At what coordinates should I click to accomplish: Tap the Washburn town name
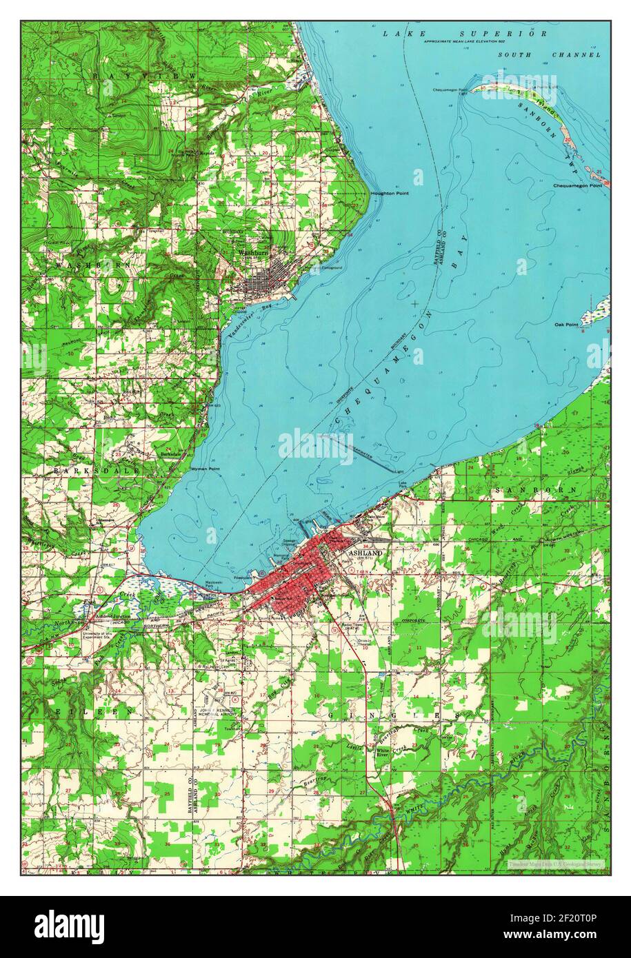(x=252, y=253)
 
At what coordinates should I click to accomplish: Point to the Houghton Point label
(x=390, y=194)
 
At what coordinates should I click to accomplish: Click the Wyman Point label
(x=204, y=469)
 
